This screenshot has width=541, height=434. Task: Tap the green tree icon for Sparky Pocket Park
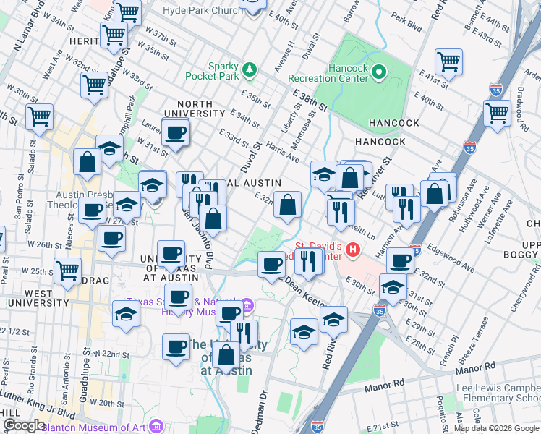[250, 69]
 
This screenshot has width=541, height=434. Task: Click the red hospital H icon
[353, 251]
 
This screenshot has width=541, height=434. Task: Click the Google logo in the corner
[23, 426]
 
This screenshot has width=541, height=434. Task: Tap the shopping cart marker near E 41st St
[449, 61]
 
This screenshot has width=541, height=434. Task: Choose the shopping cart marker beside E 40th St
[498, 113]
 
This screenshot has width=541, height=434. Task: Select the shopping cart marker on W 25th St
[68, 271]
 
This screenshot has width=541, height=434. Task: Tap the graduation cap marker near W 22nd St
[126, 315]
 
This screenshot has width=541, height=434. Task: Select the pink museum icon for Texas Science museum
[247, 305]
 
